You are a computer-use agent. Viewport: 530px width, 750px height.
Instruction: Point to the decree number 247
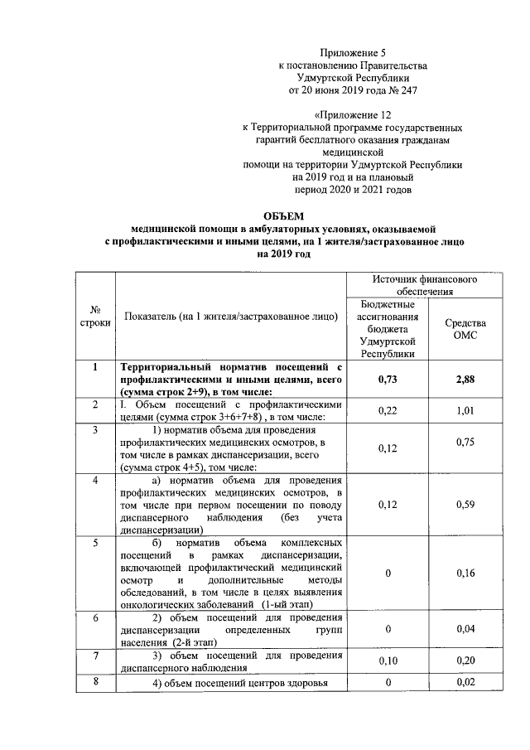[x=383, y=90]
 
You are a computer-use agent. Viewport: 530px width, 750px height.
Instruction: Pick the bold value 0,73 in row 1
[x=388, y=380]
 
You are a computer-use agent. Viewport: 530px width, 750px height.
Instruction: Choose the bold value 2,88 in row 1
[x=465, y=380]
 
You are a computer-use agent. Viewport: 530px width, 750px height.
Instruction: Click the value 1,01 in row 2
[x=465, y=409]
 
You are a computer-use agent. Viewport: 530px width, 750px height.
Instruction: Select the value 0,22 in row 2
[x=388, y=409]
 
